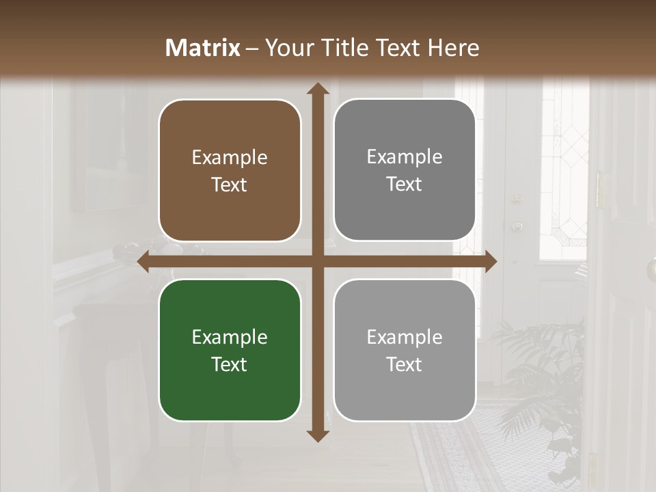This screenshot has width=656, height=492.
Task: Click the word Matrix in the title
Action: (x=203, y=48)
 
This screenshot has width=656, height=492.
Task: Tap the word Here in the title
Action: (x=453, y=48)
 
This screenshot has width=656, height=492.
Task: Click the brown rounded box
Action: (x=230, y=170)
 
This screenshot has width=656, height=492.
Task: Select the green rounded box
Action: (x=230, y=350)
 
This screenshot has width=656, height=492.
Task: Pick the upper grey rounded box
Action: (x=405, y=169)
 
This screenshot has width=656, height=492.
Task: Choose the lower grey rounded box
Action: (x=405, y=350)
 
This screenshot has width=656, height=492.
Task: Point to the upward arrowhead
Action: (x=317, y=90)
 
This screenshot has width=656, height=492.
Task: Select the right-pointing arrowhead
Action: (x=490, y=261)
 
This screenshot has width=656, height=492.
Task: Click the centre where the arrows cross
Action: (x=317, y=261)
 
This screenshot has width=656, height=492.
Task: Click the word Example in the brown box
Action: (x=230, y=157)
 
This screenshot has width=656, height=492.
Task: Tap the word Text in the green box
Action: (x=230, y=364)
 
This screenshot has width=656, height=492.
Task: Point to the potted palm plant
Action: (x=547, y=369)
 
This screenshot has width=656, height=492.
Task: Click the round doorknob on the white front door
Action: (x=517, y=226)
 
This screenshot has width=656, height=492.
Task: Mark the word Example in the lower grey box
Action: (x=405, y=337)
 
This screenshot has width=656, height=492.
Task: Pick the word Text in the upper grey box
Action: (x=405, y=184)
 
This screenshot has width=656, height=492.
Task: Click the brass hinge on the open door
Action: (x=600, y=189)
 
